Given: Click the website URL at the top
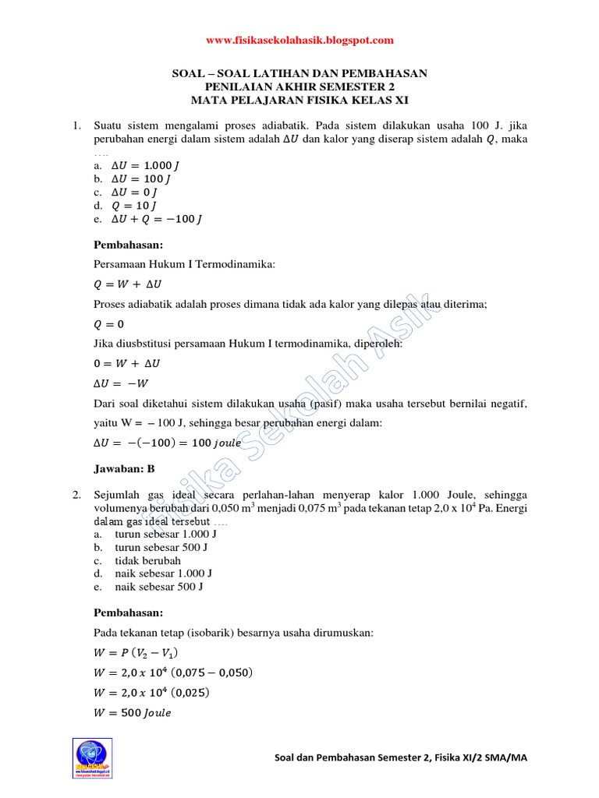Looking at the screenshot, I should pos(299,41).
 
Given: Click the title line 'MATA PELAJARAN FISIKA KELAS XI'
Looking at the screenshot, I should pos(299,101).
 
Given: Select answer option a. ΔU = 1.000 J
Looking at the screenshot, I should pos(147,165).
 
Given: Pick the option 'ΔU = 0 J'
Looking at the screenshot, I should pos(136,192).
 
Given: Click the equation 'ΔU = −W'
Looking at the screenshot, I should pos(121,383).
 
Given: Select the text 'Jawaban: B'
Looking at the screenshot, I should pos(125,468).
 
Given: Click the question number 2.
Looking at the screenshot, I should pos(77,495).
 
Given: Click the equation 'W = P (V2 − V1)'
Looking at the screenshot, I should pos(141,652).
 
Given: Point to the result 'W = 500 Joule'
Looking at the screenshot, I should pos(133,712).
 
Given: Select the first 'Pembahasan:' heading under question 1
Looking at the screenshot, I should pos(129,244).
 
